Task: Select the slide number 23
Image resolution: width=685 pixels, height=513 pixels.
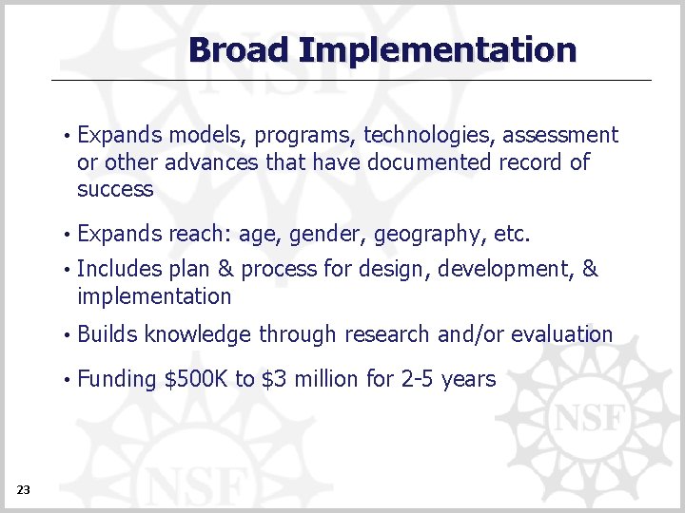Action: pos(24,489)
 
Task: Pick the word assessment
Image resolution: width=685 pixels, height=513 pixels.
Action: pos(560,136)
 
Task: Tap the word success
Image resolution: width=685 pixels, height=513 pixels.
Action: pos(115,189)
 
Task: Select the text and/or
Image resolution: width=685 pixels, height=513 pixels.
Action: pos(471,334)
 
